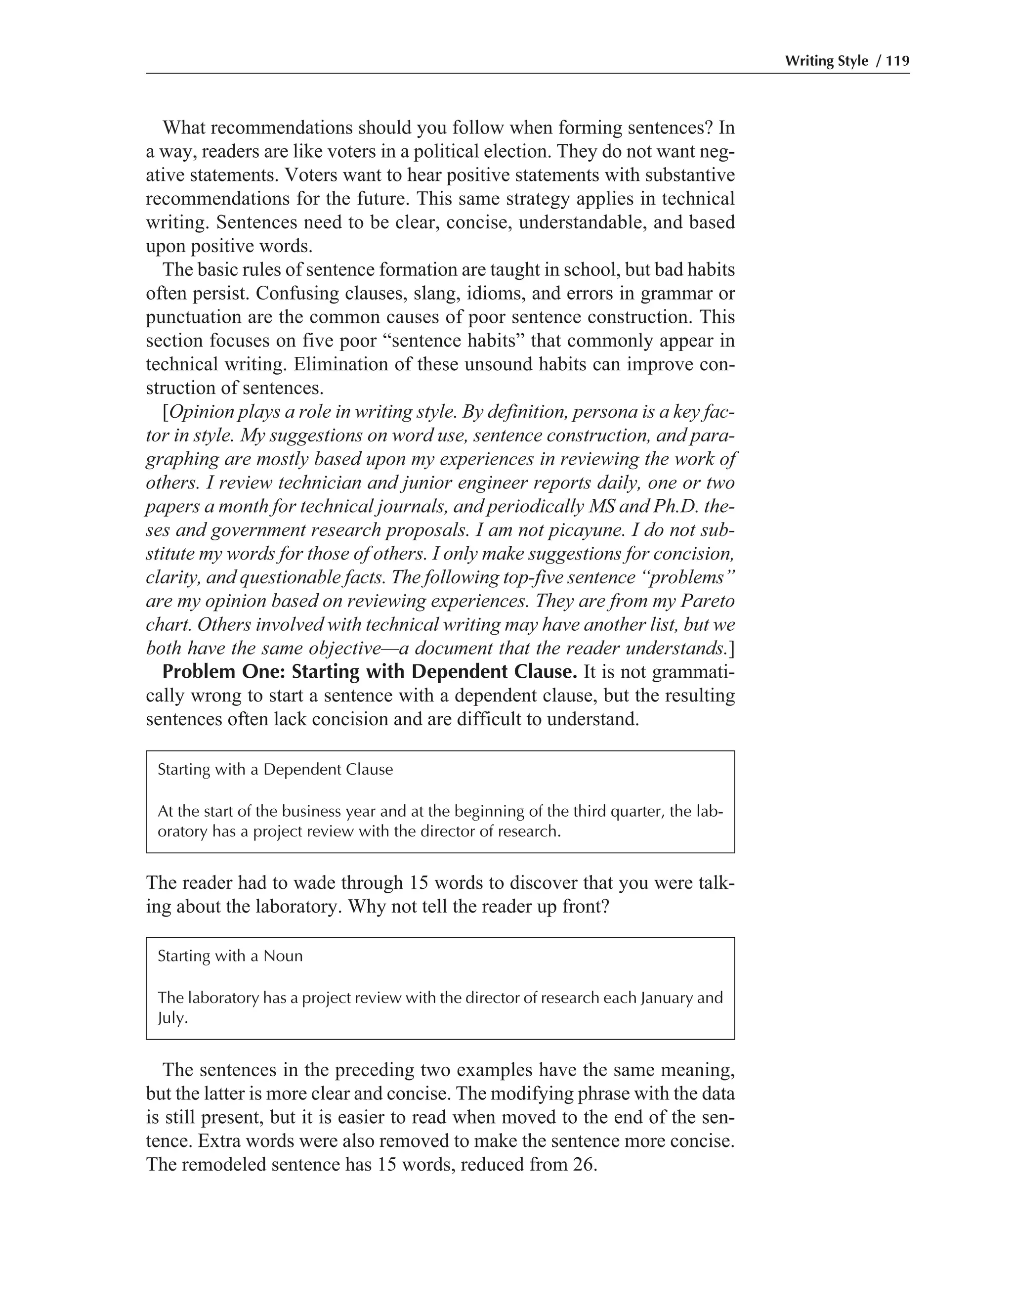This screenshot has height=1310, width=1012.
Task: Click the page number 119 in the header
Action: point(897,61)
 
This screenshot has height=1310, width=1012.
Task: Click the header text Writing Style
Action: point(826,61)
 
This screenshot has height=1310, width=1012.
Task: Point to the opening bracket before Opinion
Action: point(166,413)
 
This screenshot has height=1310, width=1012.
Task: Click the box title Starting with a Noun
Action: point(230,956)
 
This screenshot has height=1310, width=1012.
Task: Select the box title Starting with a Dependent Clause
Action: point(275,770)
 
